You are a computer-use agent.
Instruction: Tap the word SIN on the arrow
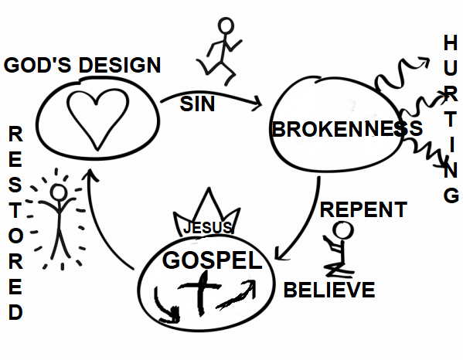point(197,104)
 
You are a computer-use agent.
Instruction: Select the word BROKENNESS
point(347,129)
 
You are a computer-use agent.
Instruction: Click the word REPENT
point(363,209)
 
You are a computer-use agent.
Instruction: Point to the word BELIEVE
point(329,290)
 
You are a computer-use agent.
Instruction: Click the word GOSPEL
point(213,260)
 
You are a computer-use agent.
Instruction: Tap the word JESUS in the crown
point(208,227)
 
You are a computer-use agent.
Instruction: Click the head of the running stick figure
point(226,25)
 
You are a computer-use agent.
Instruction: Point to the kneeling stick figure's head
point(343,230)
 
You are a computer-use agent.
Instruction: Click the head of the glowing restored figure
point(59,192)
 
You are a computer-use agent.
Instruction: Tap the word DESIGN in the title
point(120,65)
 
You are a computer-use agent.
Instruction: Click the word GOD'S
point(37,65)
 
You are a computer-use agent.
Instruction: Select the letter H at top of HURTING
point(451,42)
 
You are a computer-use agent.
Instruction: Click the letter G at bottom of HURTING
point(451,195)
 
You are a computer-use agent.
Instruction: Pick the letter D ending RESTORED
point(15,312)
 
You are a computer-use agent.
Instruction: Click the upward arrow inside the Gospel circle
point(237,294)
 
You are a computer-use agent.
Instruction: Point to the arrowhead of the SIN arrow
point(257,104)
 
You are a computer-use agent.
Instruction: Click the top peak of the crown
point(209,188)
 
